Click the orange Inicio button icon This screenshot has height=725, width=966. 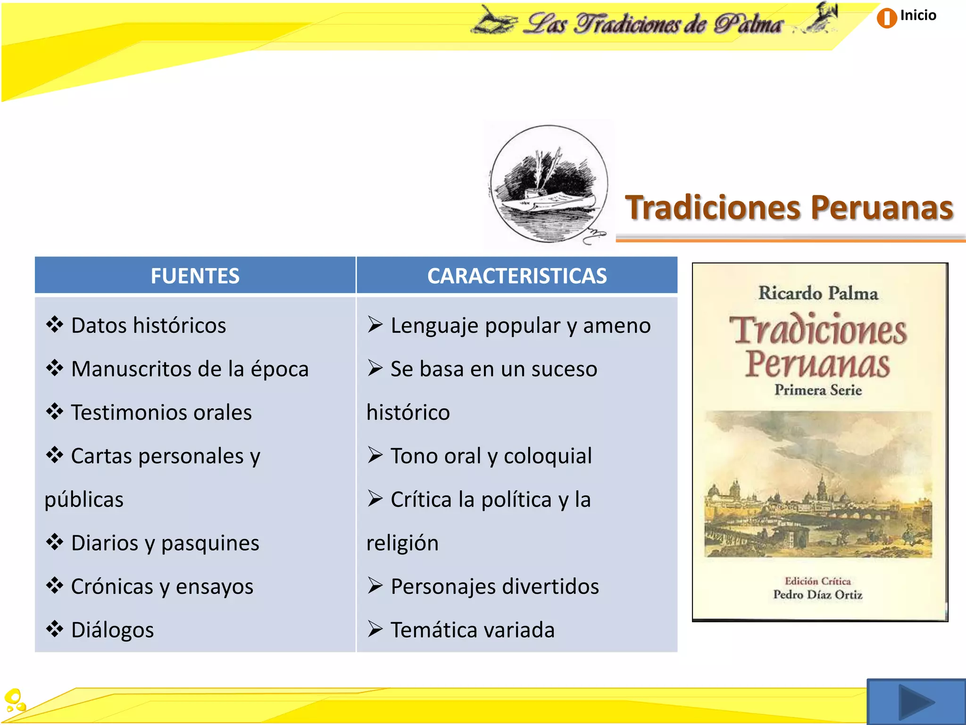[886, 18]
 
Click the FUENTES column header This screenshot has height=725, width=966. [195, 276]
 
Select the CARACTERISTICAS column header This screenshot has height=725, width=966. [517, 276]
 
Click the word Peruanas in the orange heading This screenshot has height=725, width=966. [882, 208]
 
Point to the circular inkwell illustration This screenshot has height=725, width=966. [549, 184]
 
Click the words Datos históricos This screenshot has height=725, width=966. [148, 326]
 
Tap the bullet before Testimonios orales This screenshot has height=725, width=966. [55, 412]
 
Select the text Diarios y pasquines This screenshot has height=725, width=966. [165, 543]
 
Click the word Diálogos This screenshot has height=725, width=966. [112, 630]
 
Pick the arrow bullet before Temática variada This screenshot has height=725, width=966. [375, 629]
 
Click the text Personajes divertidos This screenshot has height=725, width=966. [495, 587]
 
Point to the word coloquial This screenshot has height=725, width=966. [548, 456]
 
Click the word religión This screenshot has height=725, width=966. [402, 543]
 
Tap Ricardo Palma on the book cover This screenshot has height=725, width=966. [818, 294]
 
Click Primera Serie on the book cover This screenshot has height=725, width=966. [818, 390]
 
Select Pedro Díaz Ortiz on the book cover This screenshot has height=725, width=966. [817, 595]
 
